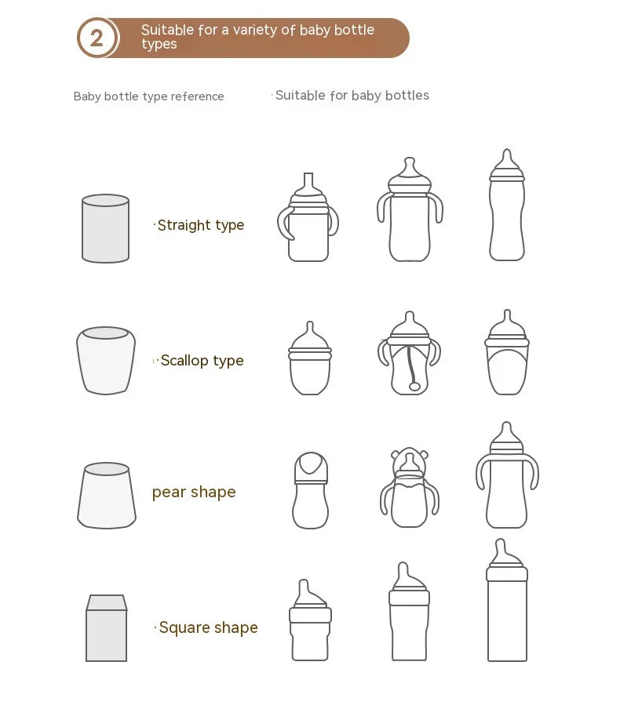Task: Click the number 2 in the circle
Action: tap(97, 38)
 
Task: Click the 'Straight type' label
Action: tap(201, 225)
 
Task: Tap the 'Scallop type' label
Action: tap(202, 361)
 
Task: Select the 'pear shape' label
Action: tap(194, 492)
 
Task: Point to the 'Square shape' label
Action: tap(208, 627)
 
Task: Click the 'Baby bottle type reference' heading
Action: tap(148, 96)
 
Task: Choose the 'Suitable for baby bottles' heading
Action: tap(352, 96)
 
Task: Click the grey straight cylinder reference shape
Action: tap(105, 228)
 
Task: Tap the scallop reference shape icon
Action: tap(106, 360)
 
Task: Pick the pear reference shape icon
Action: tap(107, 496)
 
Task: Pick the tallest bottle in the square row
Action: tap(507, 602)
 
